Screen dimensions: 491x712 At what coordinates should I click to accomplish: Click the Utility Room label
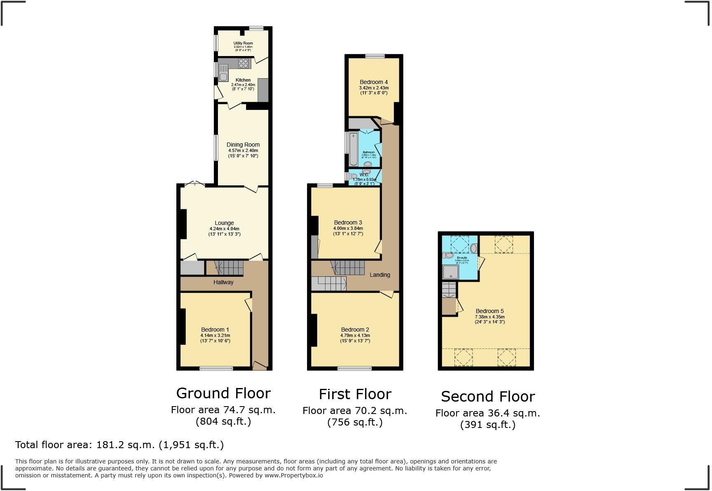coord(243,43)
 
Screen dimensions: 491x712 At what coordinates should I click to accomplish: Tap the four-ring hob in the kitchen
coord(244,63)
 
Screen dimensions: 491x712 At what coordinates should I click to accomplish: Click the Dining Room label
coord(243,145)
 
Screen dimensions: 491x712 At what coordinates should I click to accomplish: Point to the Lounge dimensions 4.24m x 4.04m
coord(224,229)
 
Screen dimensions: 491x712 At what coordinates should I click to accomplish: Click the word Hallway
coord(223,283)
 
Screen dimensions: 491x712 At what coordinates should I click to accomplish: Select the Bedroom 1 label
coord(215,330)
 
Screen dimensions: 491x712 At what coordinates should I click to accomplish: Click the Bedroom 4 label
coord(373,82)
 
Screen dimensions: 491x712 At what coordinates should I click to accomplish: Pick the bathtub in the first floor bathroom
coord(353,149)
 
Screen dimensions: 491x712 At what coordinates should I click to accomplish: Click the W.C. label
coord(364,175)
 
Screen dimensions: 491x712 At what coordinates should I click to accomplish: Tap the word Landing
coord(379,275)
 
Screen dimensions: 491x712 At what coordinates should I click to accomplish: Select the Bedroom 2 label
coord(355,330)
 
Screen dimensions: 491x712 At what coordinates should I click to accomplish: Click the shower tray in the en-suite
coord(450,272)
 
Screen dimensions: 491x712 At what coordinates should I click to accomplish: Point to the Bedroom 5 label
coord(489,311)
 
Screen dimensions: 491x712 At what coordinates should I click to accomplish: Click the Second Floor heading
coord(487,397)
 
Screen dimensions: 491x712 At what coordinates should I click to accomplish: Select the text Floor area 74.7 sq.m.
coord(223,410)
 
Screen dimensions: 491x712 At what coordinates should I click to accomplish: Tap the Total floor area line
coord(119,445)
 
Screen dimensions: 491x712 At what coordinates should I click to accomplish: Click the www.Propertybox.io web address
coord(294,475)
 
